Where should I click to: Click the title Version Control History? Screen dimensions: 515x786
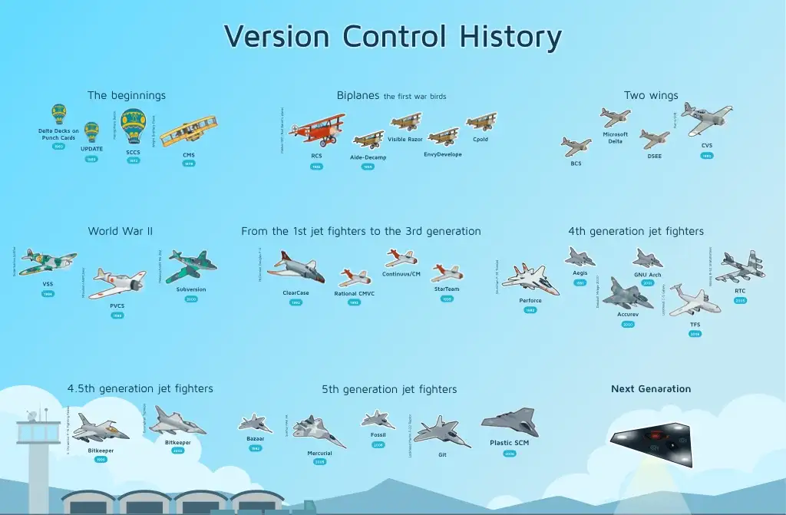pyautogui.click(x=392, y=37)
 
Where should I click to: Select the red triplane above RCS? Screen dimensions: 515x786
pyautogui.click(x=316, y=129)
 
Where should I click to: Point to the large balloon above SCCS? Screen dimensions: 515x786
pyautogui.click(x=134, y=125)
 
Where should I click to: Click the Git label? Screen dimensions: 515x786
pyautogui.click(x=442, y=454)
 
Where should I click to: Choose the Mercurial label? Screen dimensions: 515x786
pyautogui.click(x=320, y=453)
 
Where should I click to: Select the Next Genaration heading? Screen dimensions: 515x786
pyautogui.click(x=651, y=389)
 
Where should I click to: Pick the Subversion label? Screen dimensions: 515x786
pyautogui.click(x=191, y=289)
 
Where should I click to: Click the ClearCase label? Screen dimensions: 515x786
pyautogui.click(x=296, y=293)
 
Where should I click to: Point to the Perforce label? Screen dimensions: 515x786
pyautogui.click(x=530, y=300)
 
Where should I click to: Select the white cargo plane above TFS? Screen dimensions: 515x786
pyautogui.click(x=693, y=299)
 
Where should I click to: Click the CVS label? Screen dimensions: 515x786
pyautogui.click(x=706, y=145)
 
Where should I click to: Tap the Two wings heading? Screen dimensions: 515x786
pyautogui.click(x=651, y=96)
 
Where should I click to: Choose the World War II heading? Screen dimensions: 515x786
pyautogui.click(x=121, y=231)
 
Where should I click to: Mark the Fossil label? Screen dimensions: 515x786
pyautogui.click(x=378, y=434)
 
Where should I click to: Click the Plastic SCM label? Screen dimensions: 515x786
pyautogui.click(x=509, y=443)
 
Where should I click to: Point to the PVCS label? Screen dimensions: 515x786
pyautogui.click(x=117, y=305)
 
